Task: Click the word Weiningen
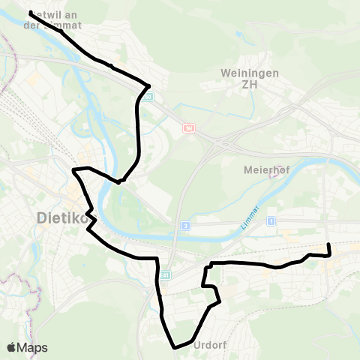(240, 73)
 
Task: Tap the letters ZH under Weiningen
(240, 85)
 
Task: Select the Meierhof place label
(262, 169)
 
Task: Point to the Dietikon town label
(57, 219)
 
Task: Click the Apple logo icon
(11, 348)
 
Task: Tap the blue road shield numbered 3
(184, 225)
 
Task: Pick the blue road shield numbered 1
(271, 220)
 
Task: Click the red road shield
(188, 129)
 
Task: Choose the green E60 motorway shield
(150, 97)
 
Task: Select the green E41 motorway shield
(166, 274)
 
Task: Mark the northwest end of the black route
(30, 13)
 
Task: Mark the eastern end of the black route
(328, 244)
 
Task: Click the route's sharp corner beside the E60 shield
(149, 85)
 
